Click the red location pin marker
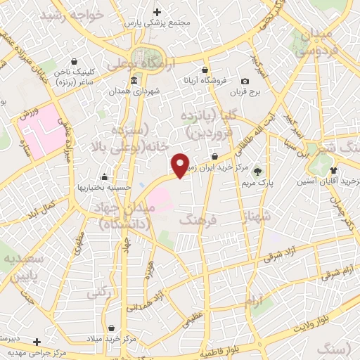coord(180,165)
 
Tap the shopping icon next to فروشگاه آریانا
coord(205,71)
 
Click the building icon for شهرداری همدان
coord(114,91)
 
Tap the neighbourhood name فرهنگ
coord(195,221)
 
